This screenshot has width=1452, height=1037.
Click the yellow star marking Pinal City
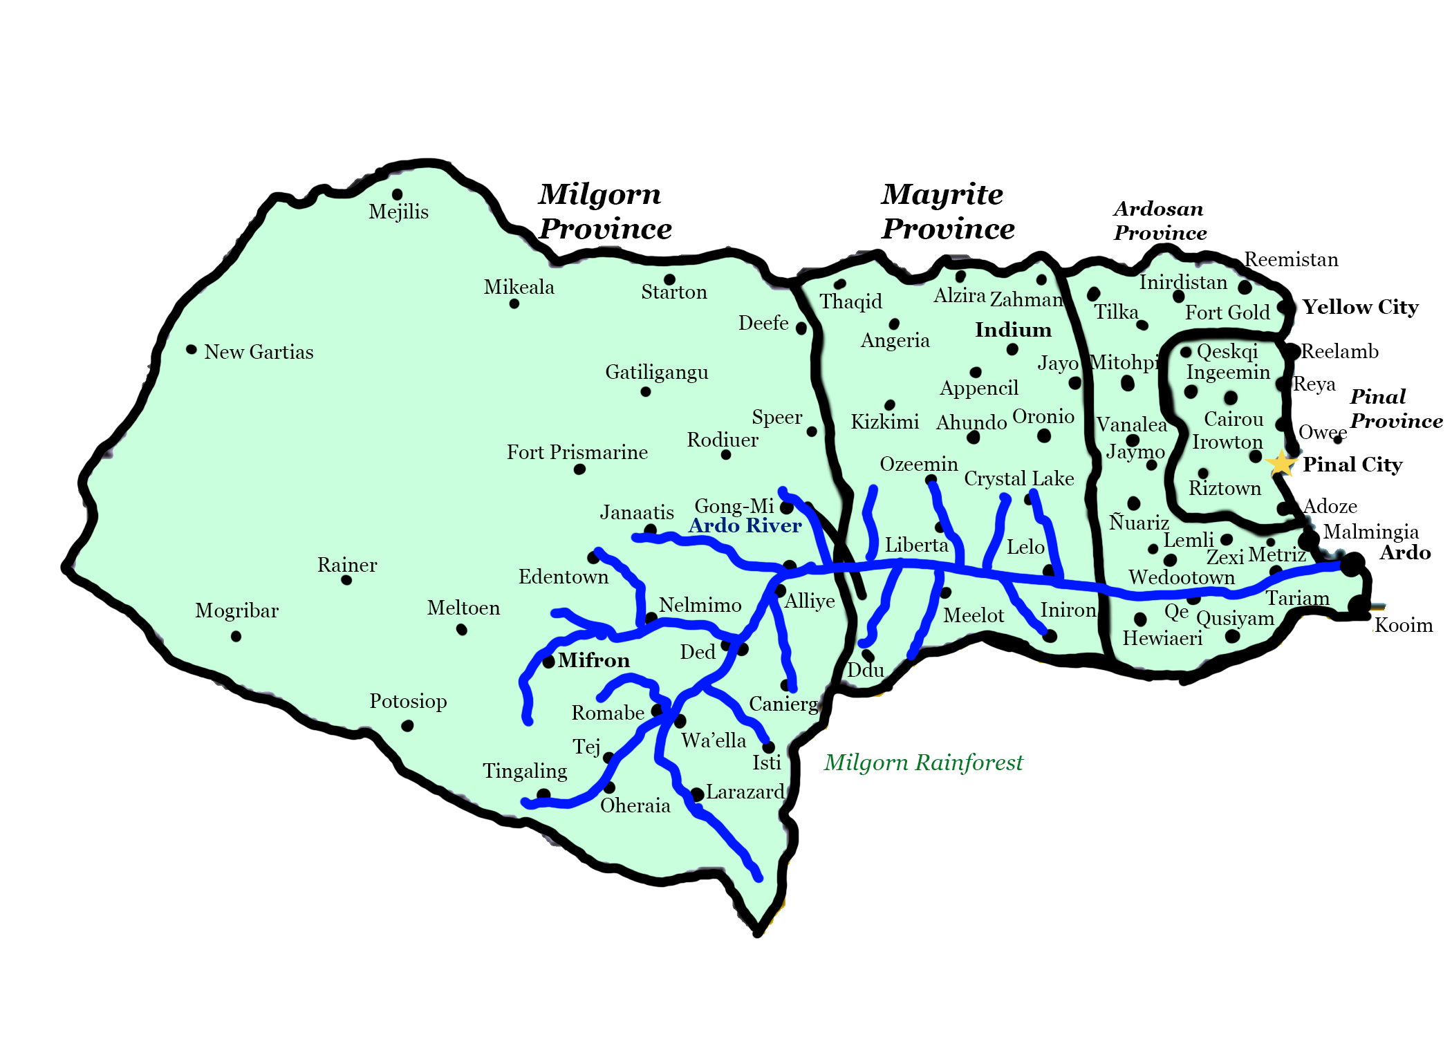(x=1281, y=463)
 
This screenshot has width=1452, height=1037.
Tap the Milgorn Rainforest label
(x=923, y=762)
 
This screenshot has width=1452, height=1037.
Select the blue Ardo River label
(x=745, y=525)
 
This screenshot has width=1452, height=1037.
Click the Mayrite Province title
(x=947, y=212)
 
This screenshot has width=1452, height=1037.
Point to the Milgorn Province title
(x=604, y=212)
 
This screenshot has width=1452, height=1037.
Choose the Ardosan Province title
(x=1160, y=221)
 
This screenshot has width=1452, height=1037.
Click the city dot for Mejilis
(x=397, y=194)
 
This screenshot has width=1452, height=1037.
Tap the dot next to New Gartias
(x=192, y=349)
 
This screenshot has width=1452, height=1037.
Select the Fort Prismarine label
(x=577, y=452)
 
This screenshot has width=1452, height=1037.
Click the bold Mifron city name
(x=594, y=660)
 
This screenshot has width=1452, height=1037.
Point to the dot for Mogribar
(x=236, y=636)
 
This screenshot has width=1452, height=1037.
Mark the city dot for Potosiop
(x=407, y=725)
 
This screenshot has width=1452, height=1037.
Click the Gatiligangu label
(x=657, y=372)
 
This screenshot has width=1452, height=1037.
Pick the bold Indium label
(x=1013, y=330)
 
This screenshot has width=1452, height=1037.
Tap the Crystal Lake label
(x=1018, y=478)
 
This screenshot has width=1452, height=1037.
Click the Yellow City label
(x=1360, y=306)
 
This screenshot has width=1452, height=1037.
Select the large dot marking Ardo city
(x=1352, y=564)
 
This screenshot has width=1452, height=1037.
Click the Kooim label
(x=1404, y=625)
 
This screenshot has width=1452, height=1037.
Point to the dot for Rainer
(x=346, y=580)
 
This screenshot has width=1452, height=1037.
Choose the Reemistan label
(x=1291, y=259)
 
